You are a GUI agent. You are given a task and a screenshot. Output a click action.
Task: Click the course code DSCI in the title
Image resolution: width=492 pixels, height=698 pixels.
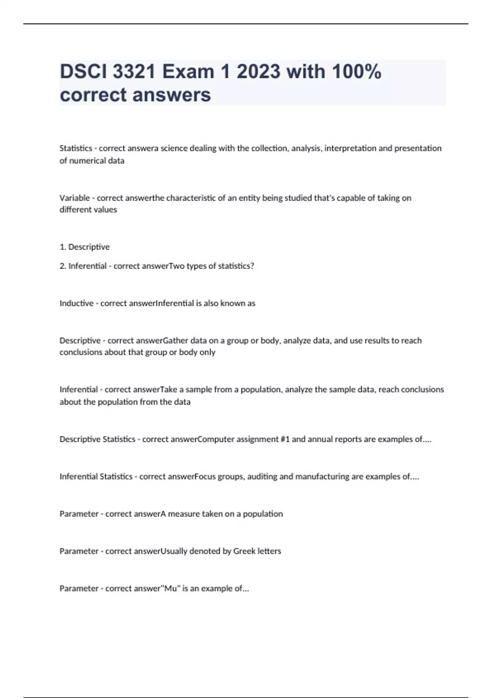(x=83, y=72)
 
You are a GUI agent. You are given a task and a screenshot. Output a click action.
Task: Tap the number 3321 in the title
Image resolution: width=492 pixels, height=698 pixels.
(x=134, y=72)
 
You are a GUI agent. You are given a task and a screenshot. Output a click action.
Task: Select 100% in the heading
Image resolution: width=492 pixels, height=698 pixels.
(x=357, y=72)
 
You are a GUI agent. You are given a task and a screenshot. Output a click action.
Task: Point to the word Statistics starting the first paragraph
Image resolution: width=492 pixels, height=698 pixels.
(x=76, y=148)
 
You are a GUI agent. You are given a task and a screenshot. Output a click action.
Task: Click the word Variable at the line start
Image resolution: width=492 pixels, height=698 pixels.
(x=75, y=198)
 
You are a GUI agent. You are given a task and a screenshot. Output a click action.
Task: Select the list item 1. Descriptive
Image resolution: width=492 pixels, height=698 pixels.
(x=84, y=247)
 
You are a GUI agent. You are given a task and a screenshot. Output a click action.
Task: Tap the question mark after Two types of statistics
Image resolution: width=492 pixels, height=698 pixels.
(x=252, y=266)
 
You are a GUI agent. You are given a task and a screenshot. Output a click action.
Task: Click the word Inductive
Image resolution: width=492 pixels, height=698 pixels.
(x=76, y=303)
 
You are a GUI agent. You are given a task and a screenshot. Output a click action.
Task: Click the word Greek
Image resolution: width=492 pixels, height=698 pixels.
(x=244, y=551)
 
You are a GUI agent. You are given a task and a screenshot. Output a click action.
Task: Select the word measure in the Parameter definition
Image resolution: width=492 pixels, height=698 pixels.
(x=181, y=514)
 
